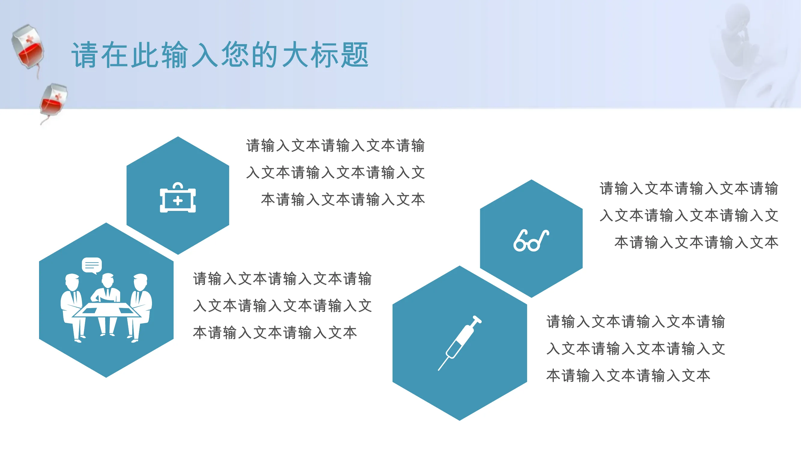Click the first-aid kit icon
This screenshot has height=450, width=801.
(178, 197)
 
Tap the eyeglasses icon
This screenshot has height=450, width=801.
(531, 240)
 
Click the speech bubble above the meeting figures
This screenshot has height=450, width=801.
(92, 265)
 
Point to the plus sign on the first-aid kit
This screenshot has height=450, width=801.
(178, 201)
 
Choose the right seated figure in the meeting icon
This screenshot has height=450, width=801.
(140, 307)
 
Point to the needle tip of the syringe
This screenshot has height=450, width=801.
(439, 370)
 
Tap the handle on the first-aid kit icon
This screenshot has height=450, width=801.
(178, 185)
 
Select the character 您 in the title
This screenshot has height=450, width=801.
(235, 55)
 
